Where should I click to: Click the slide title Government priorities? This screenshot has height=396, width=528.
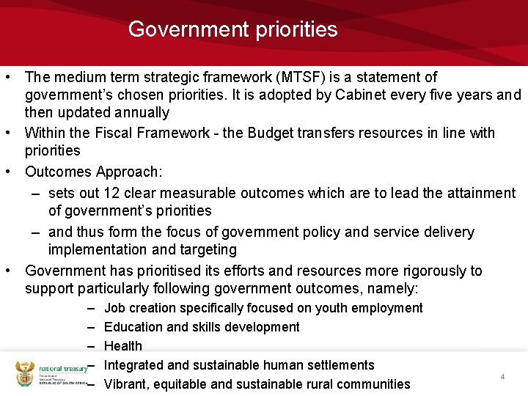coord(232,29)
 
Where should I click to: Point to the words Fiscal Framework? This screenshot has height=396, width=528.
coord(147,133)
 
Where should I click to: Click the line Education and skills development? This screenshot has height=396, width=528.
coord(202,327)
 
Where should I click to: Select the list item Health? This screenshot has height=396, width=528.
coord(123,346)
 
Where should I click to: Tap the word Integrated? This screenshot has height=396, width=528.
coord(135,365)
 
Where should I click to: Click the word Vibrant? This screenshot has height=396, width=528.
coord(125,384)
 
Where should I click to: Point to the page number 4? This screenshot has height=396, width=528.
coord(502,377)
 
